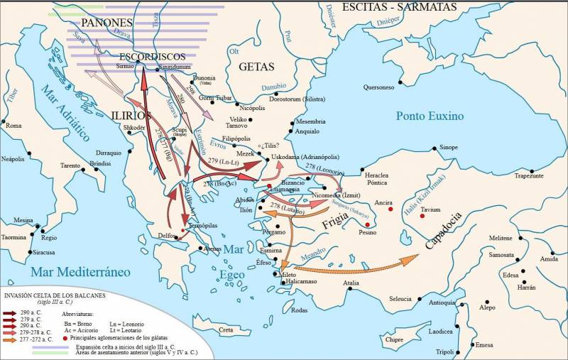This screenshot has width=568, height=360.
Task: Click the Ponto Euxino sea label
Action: click(430, 116)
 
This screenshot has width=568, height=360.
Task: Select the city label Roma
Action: click(13, 125)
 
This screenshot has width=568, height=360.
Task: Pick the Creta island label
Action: click(225, 330)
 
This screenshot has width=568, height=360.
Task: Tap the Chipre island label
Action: click(394, 339)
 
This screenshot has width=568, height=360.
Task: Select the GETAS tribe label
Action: click(256, 67)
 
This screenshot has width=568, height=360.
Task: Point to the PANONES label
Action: click(106, 23)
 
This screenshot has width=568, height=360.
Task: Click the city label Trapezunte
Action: click(529, 175)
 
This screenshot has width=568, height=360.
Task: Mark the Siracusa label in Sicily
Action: click(43, 252)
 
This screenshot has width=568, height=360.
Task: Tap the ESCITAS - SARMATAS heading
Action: click(409, 7)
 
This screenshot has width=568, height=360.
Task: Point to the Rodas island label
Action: click(300, 310)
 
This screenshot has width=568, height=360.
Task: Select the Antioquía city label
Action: click(442, 302)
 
